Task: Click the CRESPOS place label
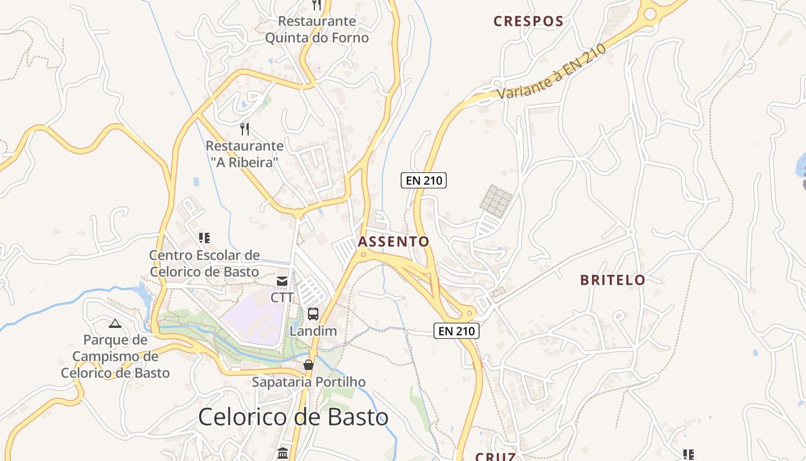[529, 22]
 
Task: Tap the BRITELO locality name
[613, 281]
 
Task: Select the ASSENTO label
[394, 241]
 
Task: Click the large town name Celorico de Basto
[293, 417]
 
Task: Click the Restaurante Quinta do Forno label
[317, 29]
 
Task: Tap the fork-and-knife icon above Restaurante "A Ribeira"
[245, 129]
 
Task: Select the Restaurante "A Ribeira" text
[245, 154]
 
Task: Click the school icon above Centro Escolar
[204, 237]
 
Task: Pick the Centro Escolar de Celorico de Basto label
[204, 263]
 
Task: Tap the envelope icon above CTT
[282, 281]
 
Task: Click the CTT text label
[282, 297]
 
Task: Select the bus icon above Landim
[313, 314]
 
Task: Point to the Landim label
[313, 331]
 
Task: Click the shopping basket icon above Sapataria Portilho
[309, 365]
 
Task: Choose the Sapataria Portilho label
[309, 382]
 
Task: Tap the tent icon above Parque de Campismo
[115, 324]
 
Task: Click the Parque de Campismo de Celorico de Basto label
[115, 356]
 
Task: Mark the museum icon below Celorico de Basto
[283, 454]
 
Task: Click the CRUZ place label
[495, 456]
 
